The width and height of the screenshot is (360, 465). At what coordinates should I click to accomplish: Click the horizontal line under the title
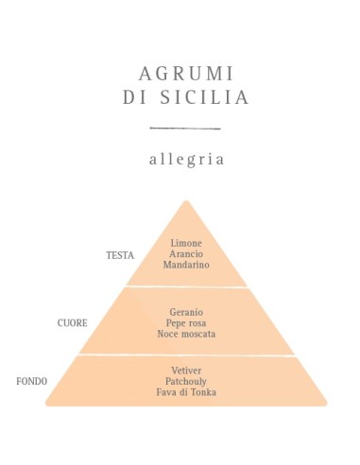pyautogui.click(x=185, y=128)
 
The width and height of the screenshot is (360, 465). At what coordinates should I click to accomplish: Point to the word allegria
pyautogui.click(x=186, y=159)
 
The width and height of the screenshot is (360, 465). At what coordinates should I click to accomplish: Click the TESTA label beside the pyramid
pyautogui.click(x=120, y=255)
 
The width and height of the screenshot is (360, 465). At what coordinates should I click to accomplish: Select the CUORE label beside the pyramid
pyautogui.click(x=73, y=322)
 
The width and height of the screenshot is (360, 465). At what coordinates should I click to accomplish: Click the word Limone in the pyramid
pyautogui.click(x=185, y=244)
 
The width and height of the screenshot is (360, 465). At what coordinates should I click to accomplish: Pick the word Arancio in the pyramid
pyautogui.click(x=185, y=254)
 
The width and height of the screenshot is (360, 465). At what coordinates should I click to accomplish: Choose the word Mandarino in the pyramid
pyautogui.click(x=185, y=266)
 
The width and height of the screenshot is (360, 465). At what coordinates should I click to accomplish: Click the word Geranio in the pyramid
pyautogui.click(x=185, y=312)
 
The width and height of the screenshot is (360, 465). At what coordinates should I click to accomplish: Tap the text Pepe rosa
pyautogui.click(x=185, y=323)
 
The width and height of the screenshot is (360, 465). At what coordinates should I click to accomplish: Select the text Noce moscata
pyautogui.click(x=185, y=335)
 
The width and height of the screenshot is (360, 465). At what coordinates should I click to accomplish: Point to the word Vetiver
pyautogui.click(x=185, y=370)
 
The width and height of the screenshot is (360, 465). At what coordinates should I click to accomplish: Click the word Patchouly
pyautogui.click(x=185, y=381)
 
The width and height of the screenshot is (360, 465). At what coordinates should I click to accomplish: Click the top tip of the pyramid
pyautogui.click(x=186, y=201)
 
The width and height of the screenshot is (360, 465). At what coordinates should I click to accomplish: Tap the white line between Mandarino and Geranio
pyautogui.click(x=186, y=287)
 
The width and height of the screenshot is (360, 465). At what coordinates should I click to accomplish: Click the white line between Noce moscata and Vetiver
pyautogui.click(x=186, y=355)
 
